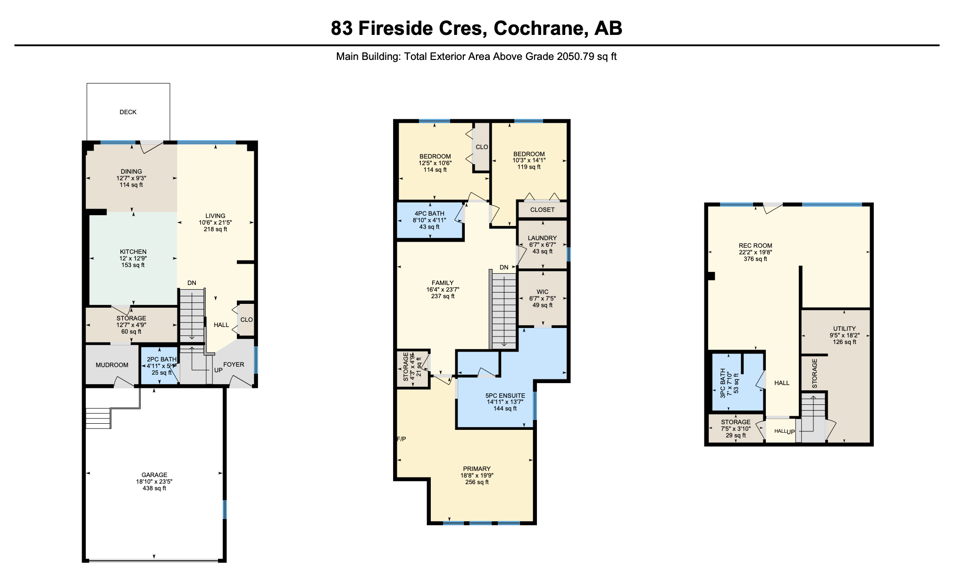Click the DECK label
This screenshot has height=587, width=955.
point(128,112)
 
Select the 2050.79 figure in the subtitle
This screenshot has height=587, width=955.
point(576,57)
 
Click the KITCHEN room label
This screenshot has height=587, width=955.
point(133,252)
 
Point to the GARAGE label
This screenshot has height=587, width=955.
point(154,475)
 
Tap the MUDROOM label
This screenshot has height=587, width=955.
point(112,365)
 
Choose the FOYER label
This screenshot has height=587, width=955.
point(234,364)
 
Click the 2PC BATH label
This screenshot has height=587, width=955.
point(161,359)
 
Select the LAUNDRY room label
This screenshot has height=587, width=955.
point(542,238)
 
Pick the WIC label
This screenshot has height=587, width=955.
point(543,292)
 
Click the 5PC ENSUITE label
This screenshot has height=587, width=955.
point(505,395)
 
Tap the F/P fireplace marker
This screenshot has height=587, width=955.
point(401,439)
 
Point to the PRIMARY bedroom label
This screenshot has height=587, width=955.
point(477,469)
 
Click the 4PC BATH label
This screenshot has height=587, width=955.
point(429,213)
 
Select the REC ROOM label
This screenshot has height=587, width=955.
point(755,245)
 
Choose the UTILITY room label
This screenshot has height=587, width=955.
point(844,328)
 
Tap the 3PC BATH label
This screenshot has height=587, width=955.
point(723,383)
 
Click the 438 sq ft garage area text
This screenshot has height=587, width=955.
point(154,488)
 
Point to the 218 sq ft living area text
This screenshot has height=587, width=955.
point(215,229)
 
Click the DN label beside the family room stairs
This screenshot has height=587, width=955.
point(504,267)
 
